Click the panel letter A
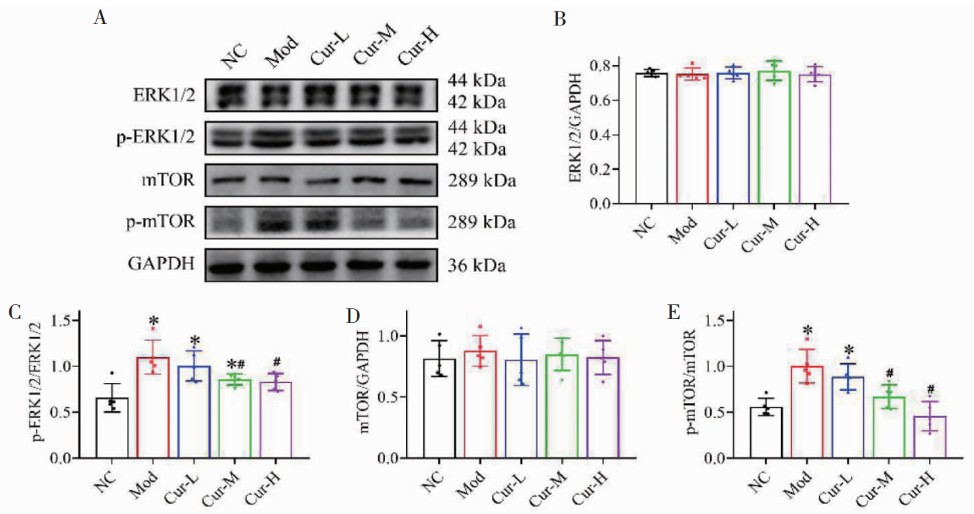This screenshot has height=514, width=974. tap(100, 18)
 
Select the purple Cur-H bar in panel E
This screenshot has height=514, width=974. tap(913, 437)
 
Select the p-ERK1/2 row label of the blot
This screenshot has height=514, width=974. tap(162, 138)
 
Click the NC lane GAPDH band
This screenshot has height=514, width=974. tap(230, 267)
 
